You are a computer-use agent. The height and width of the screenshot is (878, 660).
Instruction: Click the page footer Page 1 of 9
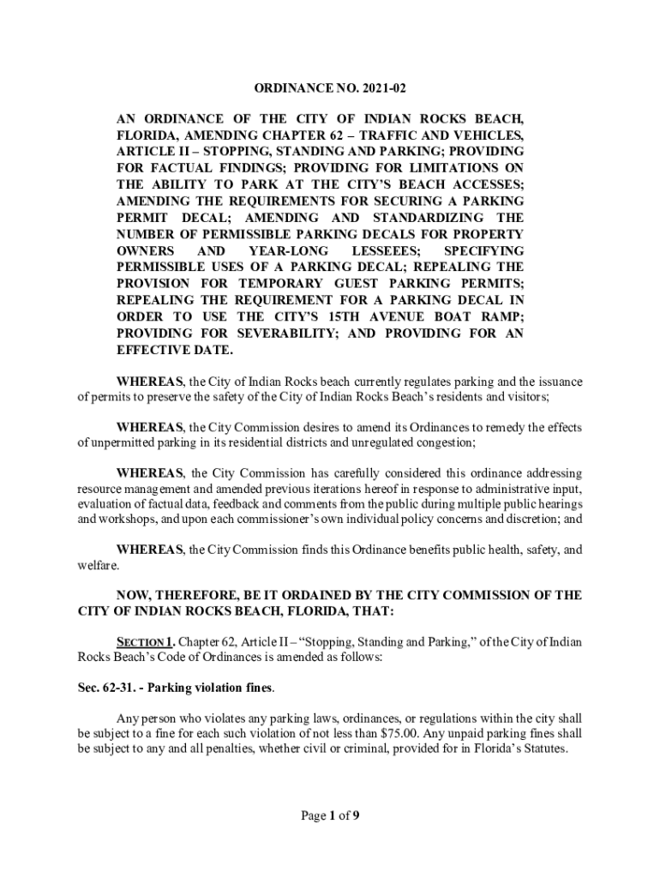click(x=329, y=815)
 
